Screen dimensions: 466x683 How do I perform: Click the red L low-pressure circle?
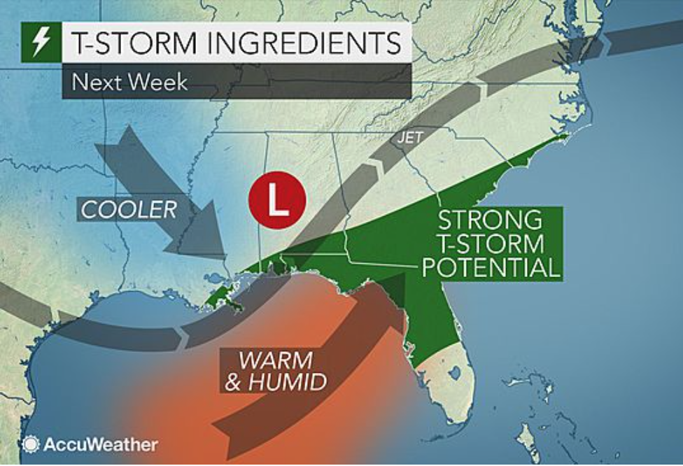click(277, 200)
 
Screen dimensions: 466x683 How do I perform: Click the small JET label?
click(409, 139)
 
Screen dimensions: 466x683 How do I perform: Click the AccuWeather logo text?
click(101, 444)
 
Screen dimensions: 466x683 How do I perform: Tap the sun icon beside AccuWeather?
click(30, 444)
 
